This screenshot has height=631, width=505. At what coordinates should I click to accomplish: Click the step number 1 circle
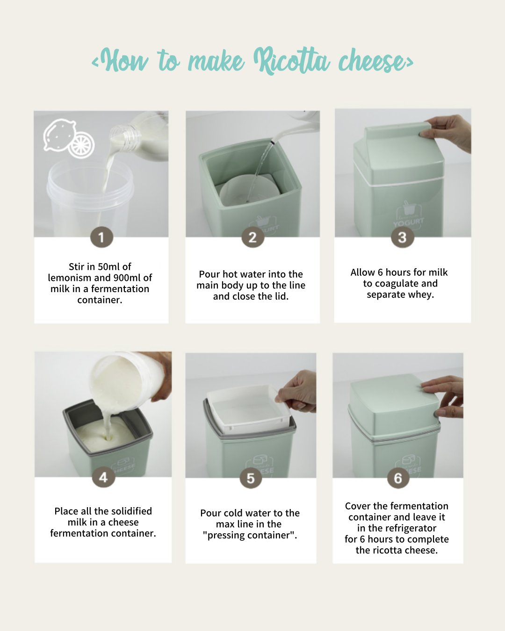coord(101,237)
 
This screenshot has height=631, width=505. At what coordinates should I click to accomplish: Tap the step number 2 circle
coord(253,237)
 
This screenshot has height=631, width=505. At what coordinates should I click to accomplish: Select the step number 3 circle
coord(403,237)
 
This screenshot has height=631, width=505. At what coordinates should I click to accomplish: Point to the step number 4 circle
coord(104,478)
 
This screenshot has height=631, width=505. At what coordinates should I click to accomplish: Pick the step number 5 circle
coord(251,478)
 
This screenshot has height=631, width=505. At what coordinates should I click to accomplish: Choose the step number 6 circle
coord(398,478)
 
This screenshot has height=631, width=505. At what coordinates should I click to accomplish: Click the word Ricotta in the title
coord(291,61)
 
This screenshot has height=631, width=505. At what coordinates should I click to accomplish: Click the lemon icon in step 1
coord(69,139)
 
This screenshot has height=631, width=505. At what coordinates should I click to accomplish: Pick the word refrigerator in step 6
coord(411,528)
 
